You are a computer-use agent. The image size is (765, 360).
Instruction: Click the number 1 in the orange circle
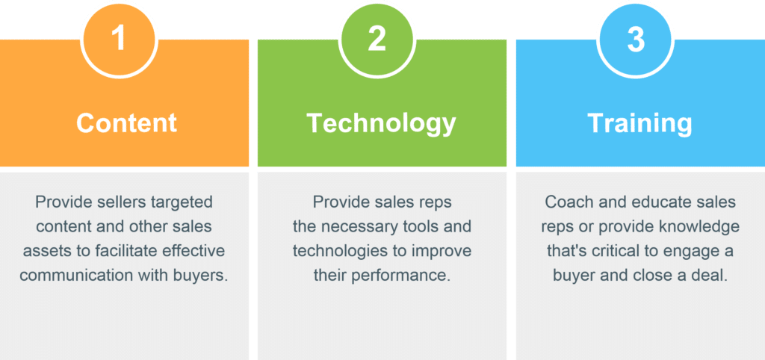(x=119, y=39)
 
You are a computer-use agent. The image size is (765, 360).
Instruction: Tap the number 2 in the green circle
(x=377, y=39)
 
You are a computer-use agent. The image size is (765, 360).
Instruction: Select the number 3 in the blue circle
(x=636, y=39)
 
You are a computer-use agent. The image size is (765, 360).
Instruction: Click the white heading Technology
(x=382, y=124)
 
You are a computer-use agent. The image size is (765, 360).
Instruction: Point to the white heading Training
(x=639, y=124)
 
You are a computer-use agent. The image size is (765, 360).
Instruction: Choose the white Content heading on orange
(x=126, y=123)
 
